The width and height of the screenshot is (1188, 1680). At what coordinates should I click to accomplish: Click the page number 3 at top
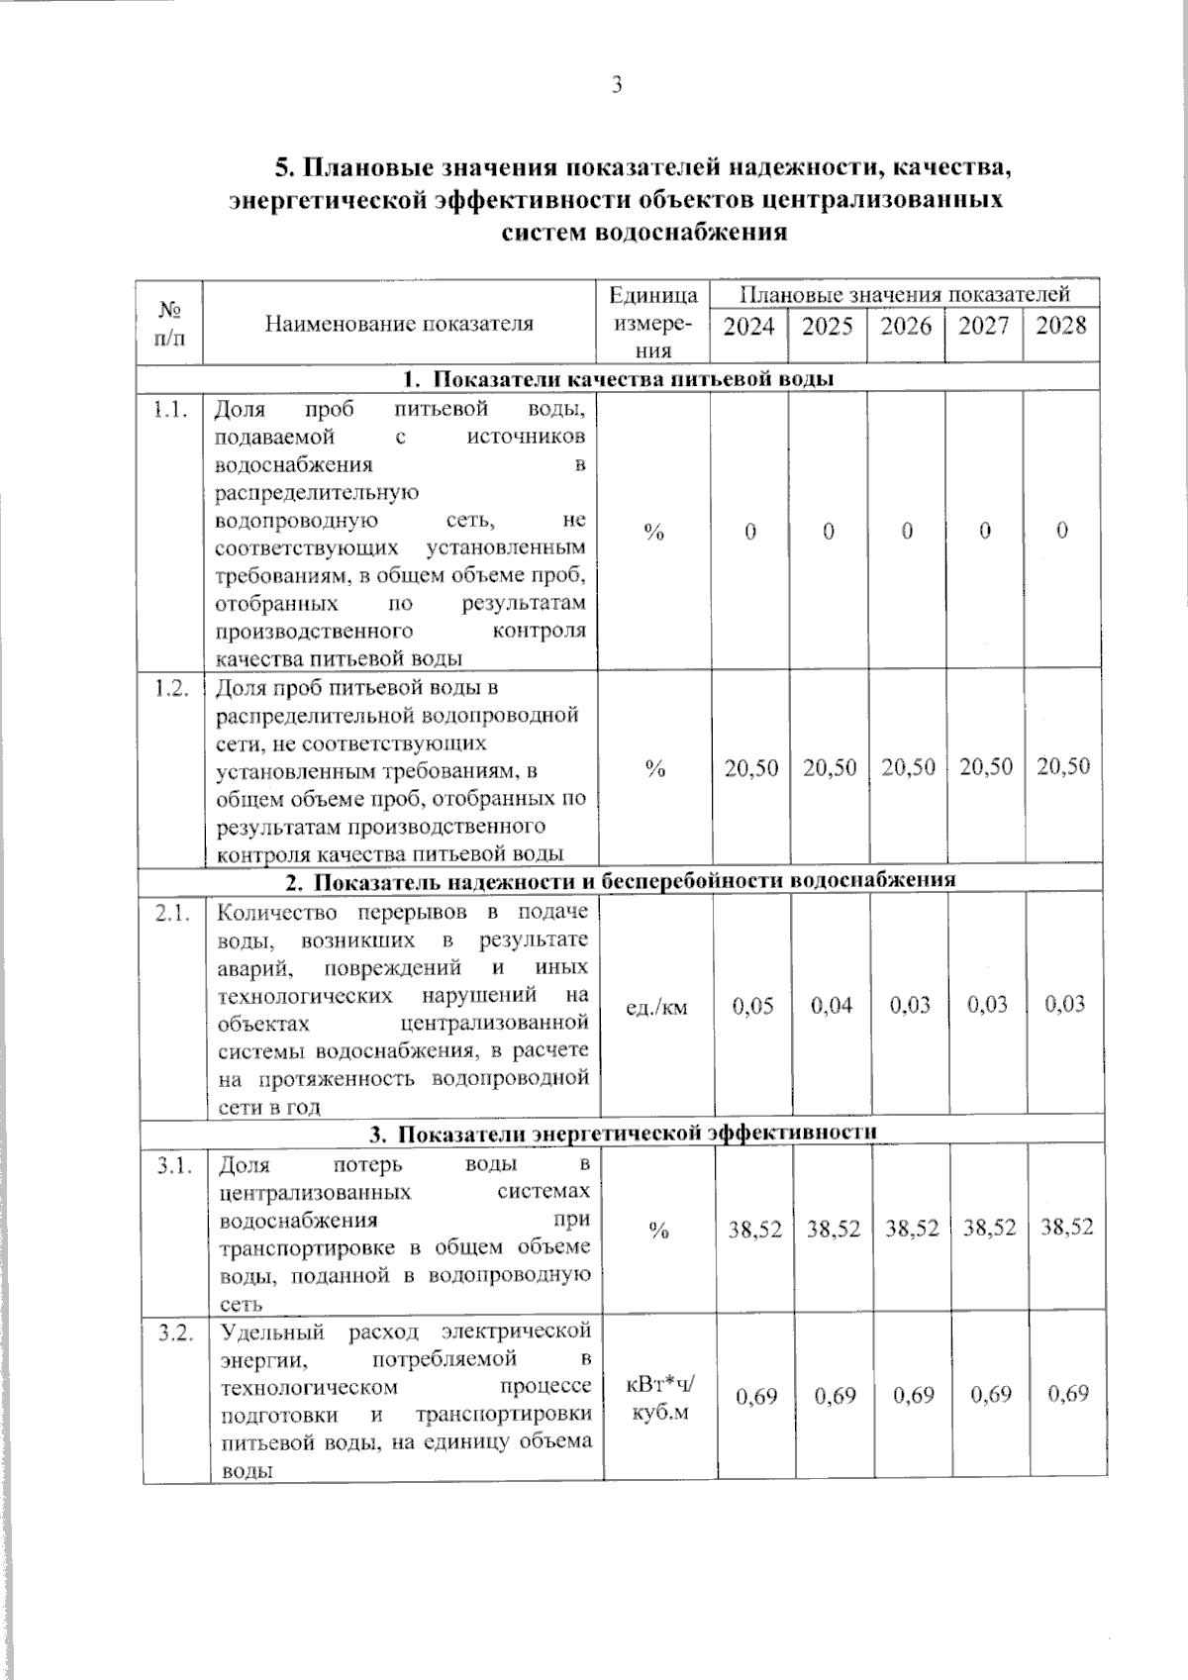pyautogui.click(x=616, y=85)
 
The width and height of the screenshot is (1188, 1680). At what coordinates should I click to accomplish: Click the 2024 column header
pyautogui.click(x=748, y=326)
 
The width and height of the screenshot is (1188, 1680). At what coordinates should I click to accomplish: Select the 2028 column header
pyautogui.click(x=1060, y=325)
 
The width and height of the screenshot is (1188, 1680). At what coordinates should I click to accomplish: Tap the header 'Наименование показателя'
pyautogui.click(x=399, y=323)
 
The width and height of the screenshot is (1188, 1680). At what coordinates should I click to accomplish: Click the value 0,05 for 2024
pyautogui.click(x=752, y=1006)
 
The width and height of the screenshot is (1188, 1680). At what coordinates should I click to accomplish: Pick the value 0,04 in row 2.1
pyautogui.click(x=832, y=1006)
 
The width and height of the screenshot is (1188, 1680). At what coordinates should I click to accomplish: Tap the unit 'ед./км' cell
pyautogui.click(x=657, y=1007)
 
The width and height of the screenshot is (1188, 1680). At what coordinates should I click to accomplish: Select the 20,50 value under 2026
pyautogui.click(x=908, y=766)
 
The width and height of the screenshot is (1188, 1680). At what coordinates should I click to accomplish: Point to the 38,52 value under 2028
pyautogui.click(x=1066, y=1228)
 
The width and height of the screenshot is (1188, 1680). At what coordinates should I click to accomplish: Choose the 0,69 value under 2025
pyautogui.click(x=835, y=1396)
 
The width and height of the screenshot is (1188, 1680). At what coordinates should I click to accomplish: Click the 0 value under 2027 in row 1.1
pyautogui.click(x=985, y=532)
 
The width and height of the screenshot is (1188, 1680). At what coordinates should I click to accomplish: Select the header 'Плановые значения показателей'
pyautogui.click(x=905, y=294)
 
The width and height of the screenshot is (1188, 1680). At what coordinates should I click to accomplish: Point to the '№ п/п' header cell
pyautogui.click(x=170, y=323)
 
